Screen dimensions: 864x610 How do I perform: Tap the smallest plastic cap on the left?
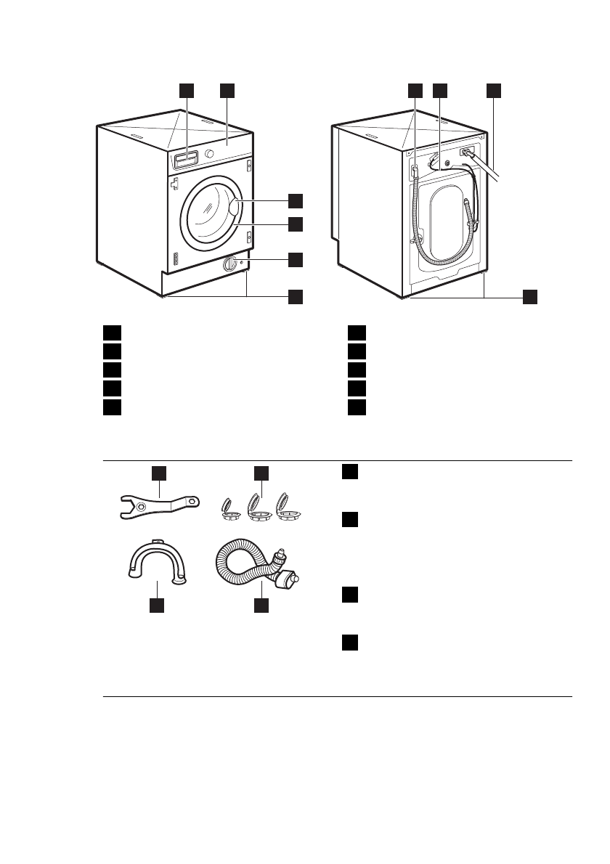pos(228,509)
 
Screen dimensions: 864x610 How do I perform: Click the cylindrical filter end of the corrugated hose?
pos(290,580)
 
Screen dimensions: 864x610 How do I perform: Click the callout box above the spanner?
pos(159,473)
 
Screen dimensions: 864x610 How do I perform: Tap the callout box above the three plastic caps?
pos(261,474)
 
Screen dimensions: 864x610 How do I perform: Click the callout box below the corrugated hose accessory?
pos(261,604)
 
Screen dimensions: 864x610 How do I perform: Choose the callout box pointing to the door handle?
pos(295,200)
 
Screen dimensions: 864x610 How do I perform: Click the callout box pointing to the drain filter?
pos(295,259)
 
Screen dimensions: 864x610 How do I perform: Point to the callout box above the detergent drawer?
pos(187,90)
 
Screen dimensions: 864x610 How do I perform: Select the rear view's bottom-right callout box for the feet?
pos(531,296)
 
